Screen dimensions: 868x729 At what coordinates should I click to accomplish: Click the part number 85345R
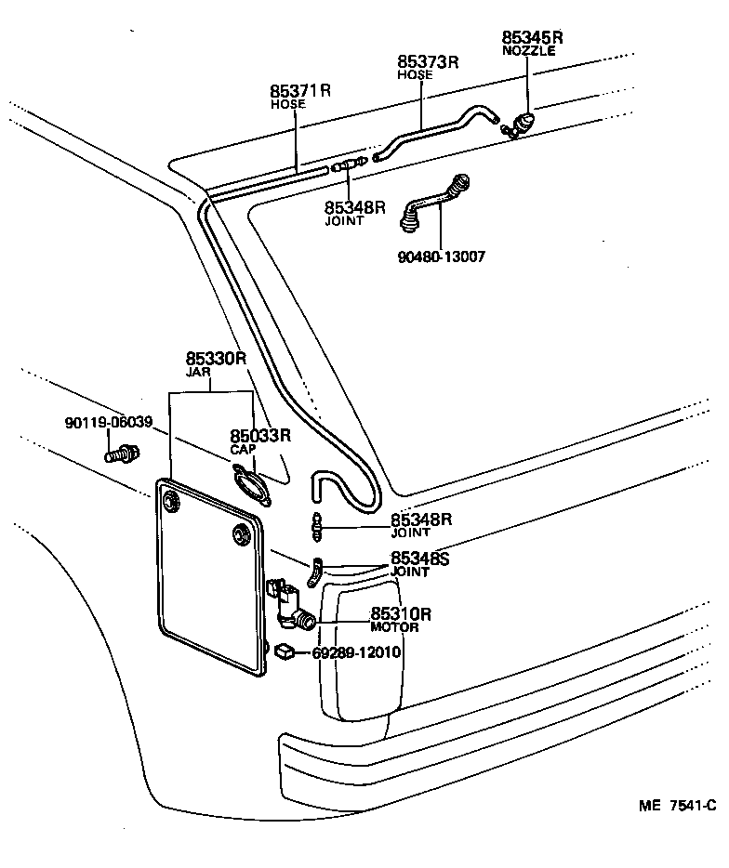tap(533, 38)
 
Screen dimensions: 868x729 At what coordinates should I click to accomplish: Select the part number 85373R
tap(428, 62)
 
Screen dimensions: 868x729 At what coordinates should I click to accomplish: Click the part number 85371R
tap(300, 91)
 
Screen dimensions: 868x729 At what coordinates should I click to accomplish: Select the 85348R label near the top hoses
tap(354, 207)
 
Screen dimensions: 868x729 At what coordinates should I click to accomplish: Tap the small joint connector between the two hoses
tap(350, 165)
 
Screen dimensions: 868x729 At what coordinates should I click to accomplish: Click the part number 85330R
tap(215, 358)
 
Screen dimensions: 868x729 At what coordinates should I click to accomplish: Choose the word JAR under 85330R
tap(198, 372)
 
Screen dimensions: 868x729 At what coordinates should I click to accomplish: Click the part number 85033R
tap(260, 435)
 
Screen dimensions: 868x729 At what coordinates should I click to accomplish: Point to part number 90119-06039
tap(109, 422)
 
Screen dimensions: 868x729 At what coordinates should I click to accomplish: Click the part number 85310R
tap(402, 614)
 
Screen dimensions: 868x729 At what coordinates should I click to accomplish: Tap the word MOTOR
tap(394, 628)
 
